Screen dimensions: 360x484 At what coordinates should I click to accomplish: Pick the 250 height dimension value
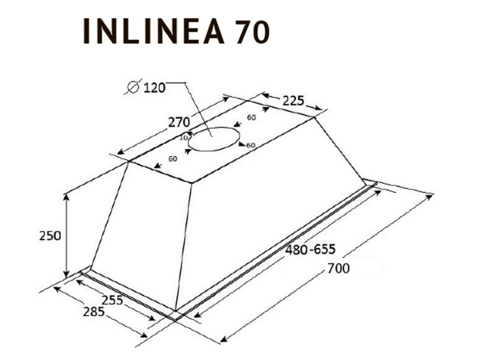(x=49, y=235)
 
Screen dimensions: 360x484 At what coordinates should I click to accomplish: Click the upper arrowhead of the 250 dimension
(x=67, y=195)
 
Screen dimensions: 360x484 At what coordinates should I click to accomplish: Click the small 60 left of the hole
(x=173, y=158)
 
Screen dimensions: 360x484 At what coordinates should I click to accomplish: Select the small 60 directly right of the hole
(x=250, y=144)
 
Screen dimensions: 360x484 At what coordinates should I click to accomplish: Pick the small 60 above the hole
(x=250, y=118)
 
